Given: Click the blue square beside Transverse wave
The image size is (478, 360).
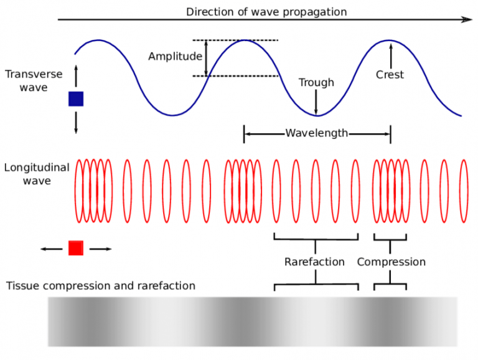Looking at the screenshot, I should pos(76,99).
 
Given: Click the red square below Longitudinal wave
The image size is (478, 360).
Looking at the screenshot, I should pos(76,248).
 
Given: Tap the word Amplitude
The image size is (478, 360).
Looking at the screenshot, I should pos(175,57).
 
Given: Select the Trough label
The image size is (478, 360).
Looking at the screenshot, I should pos(316,82).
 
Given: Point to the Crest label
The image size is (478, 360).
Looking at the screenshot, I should pos(390,75).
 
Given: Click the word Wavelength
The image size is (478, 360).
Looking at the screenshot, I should pos(317,133).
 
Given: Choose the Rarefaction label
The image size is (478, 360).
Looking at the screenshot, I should pos(314,262).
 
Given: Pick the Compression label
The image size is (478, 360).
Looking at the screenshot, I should pos(391,262).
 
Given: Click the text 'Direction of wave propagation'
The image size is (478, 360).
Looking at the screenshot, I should pos(266,12).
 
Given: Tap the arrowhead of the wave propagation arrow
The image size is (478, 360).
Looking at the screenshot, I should pos(468,20).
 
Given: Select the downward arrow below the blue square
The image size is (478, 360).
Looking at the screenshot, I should pos(76,121).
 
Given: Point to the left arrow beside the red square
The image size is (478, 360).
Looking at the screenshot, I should pos(52,249).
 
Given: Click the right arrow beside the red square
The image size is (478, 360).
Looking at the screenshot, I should pos(101,249).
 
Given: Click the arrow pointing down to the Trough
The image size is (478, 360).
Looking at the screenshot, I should pos(316,102).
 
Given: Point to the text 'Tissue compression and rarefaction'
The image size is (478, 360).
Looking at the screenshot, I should pos(101,286).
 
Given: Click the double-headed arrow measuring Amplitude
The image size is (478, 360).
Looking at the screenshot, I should pos(207,58).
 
